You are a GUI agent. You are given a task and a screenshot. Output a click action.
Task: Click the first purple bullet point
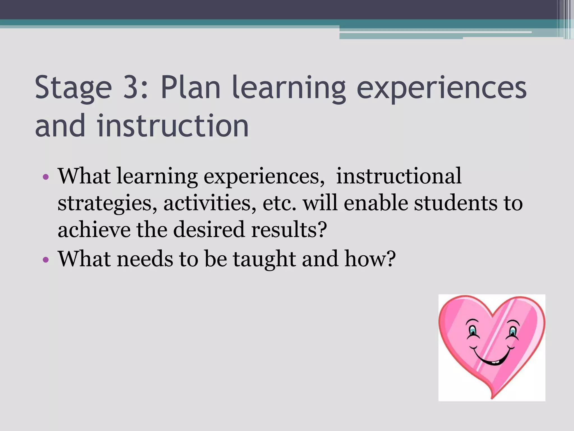[46, 177]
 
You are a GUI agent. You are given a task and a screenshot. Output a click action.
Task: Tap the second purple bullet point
[46, 260]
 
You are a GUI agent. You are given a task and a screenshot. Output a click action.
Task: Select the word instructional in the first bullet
[399, 176]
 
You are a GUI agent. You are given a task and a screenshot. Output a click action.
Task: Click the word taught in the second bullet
[264, 259]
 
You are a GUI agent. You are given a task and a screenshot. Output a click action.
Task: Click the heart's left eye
[473, 330]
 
